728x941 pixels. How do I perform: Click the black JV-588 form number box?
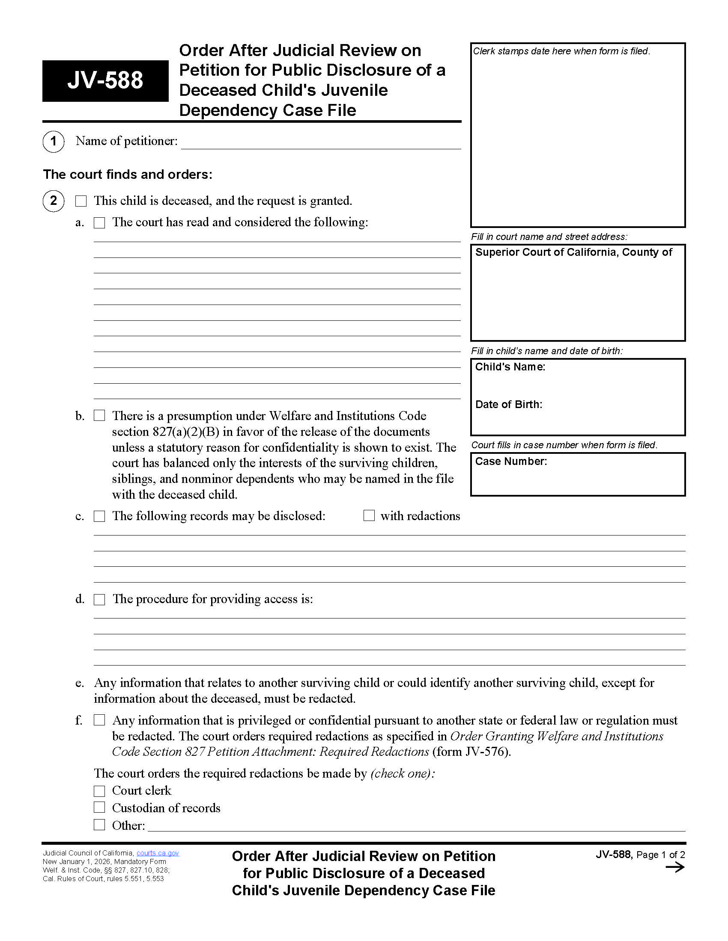tap(105, 80)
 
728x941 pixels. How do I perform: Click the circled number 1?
tap(54, 141)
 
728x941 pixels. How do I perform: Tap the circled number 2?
tap(54, 201)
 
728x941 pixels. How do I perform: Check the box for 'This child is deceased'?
tap(81, 201)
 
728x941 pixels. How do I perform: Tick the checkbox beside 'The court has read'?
tap(100, 223)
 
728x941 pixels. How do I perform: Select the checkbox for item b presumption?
tap(100, 416)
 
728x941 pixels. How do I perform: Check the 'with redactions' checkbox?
tap(369, 516)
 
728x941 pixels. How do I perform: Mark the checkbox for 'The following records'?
tap(100, 516)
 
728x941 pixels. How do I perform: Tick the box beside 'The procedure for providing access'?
tap(100, 599)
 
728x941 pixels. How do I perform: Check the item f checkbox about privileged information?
tap(100, 720)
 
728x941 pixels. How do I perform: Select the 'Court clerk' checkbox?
tap(100, 791)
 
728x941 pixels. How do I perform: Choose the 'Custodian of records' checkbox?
tap(100, 808)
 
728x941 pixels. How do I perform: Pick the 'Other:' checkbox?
tap(100, 825)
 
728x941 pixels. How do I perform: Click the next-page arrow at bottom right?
tap(675, 868)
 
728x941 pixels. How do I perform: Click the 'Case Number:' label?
tap(511, 462)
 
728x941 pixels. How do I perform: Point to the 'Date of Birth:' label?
tap(508, 405)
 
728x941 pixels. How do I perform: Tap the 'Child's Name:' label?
tap(510, 367)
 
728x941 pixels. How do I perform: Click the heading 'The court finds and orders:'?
tap(128, 175)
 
